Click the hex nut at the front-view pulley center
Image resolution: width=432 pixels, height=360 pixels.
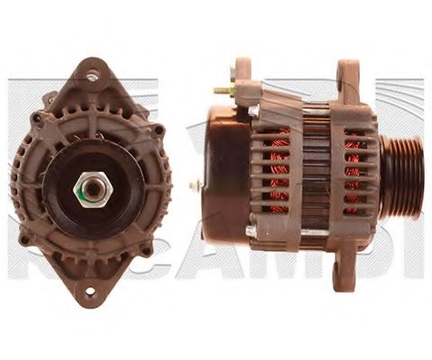pos(92,190)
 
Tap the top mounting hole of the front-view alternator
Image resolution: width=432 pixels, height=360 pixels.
pos(92,76)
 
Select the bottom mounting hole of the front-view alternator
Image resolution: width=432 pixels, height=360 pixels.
pos(90,291)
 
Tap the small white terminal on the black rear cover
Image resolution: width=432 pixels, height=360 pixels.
pos(194,184)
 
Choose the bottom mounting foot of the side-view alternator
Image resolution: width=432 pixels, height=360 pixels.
pos(343,270)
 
